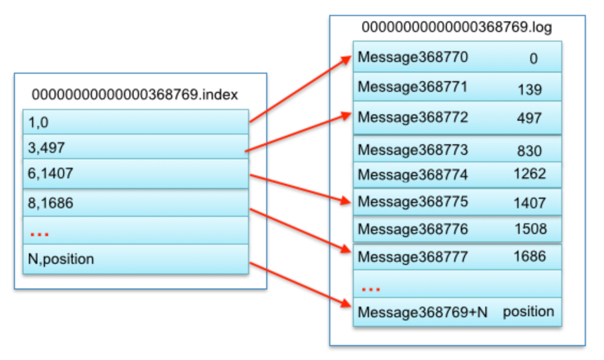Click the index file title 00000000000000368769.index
[x=135, y=95]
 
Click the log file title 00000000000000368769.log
[x=457, y=27]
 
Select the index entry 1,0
[x=38, y=122]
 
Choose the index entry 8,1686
[x=50, y=203]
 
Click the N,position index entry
[x=60, y=259]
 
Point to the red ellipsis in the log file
[x=370, y=289]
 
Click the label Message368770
[x=413, y=57]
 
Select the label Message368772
[x=413, y=116]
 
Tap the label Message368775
[x=413, y=201]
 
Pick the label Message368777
[x=413, y=257]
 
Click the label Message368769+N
[x=422, y=312]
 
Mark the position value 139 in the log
[x=529, y=90]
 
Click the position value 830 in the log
[x=529, y=151]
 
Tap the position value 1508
[x=530, y=229]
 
